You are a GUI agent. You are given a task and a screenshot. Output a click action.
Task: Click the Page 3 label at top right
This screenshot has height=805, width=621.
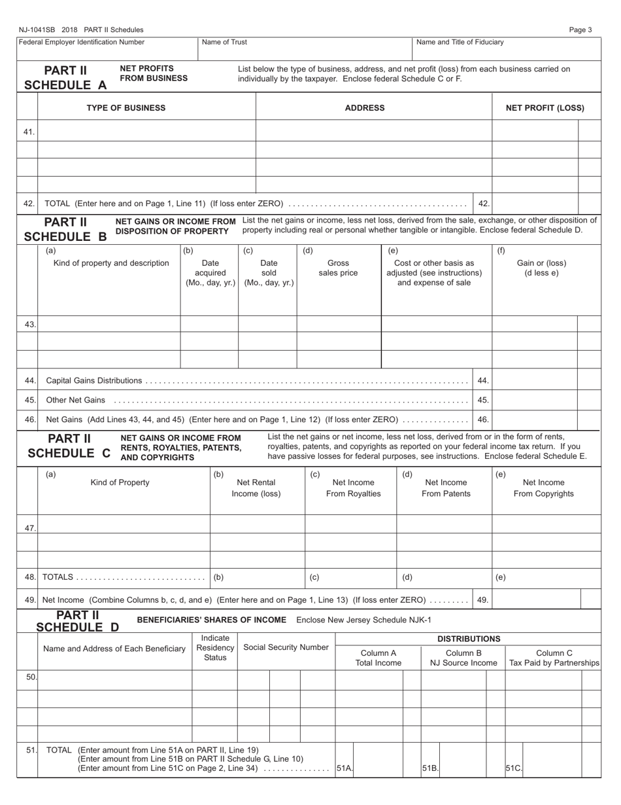coord(580,29)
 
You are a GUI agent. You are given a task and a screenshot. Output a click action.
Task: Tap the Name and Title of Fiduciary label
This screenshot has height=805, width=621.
coord(460,43)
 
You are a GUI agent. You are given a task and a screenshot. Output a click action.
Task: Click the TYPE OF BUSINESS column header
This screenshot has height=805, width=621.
coord(126,108)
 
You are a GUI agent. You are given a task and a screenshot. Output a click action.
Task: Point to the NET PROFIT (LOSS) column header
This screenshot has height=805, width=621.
coord(545,108)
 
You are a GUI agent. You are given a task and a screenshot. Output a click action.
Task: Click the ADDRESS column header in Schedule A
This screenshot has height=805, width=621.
coord(365,108)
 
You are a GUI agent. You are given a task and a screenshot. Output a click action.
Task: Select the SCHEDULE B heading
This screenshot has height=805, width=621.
coord(65,236)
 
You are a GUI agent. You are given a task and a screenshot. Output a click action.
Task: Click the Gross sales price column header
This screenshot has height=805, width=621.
coord(338,268)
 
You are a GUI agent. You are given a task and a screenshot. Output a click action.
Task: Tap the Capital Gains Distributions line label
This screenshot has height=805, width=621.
coord(94,380)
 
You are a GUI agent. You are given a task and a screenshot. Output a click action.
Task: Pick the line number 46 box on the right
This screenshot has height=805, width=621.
coord(483,420)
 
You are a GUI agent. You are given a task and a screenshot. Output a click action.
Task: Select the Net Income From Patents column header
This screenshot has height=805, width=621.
coord(446,488)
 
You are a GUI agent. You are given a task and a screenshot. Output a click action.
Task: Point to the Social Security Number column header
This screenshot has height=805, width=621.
coord(286,647)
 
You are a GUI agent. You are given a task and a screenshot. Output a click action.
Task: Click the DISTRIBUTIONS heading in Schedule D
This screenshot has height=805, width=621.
coord(469,639)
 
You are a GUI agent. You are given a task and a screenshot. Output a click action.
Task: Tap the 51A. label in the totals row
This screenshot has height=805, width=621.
coord(344,768)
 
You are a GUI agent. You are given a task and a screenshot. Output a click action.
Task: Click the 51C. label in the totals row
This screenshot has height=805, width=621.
coord(513,768)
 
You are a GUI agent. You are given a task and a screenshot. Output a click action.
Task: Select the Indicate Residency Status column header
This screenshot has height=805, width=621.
coord(215,647)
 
